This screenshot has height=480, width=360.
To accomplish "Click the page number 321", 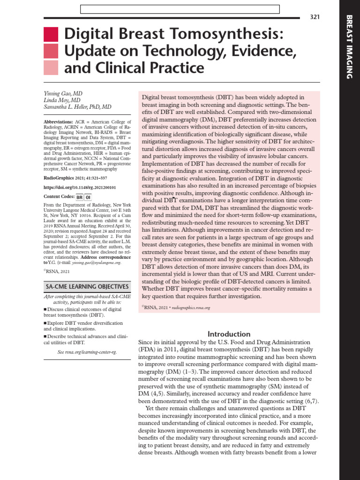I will pyautogui.click(x=315, y=17).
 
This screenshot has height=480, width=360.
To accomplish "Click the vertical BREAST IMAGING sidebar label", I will pyautogui.click(x=349, y=46).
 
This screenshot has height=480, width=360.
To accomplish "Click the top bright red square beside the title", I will pyautogui.click(x=51, y=34).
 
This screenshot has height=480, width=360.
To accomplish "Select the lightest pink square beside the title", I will pyautogui.click(x=51, y=68).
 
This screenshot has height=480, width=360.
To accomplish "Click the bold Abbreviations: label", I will pyautogui.click(x=58, y=121).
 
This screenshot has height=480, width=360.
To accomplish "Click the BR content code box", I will pyautogui.click(x=79, y=197).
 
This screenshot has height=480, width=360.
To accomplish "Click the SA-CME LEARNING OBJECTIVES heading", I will pyautogui.click(x=87, y=286).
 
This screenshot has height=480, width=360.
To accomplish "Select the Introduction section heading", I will pyautogui.click(x=229, y=334).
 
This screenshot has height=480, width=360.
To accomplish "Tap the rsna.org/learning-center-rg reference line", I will pyautogui.click(x=87, y=352).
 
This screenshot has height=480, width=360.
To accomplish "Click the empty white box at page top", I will pyautogui.click(x=180, y=9).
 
